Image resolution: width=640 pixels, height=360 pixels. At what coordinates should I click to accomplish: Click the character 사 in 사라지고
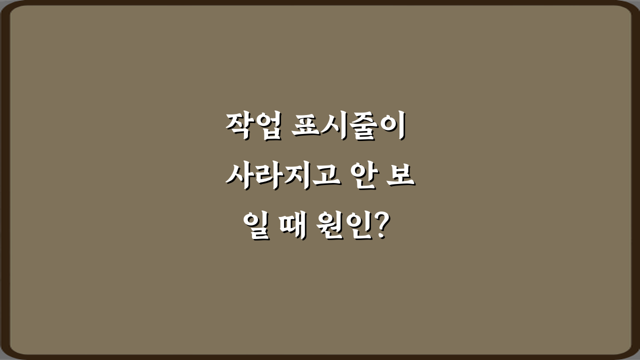(x=235, y=178)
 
